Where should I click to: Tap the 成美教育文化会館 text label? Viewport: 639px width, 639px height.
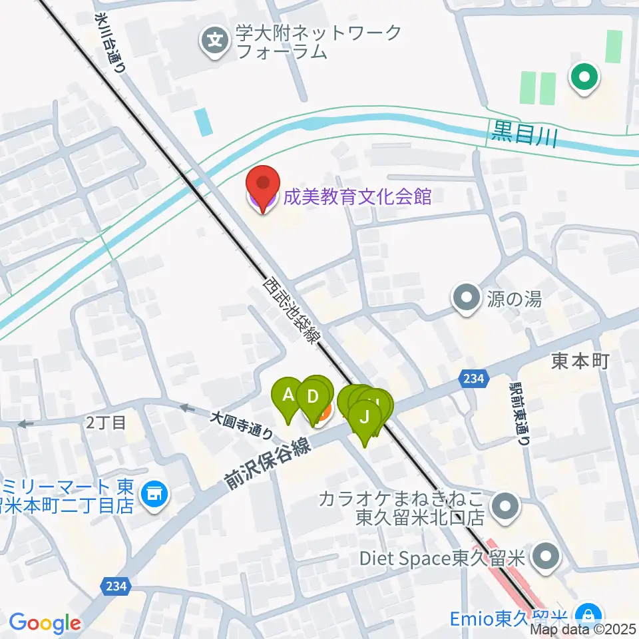(357, 197)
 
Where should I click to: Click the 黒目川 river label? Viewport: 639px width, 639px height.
(523, 135)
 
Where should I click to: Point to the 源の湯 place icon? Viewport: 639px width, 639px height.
(466, 296)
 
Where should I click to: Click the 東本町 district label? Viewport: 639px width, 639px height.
(580, 361)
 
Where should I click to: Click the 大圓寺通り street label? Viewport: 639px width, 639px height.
(242, 425)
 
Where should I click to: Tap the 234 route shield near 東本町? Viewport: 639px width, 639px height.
(471, 378)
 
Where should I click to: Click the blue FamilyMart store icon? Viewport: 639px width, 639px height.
(156, 494)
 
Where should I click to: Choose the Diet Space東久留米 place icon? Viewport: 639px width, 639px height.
(547, 557)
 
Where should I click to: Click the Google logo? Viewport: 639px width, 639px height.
(45, 623)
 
